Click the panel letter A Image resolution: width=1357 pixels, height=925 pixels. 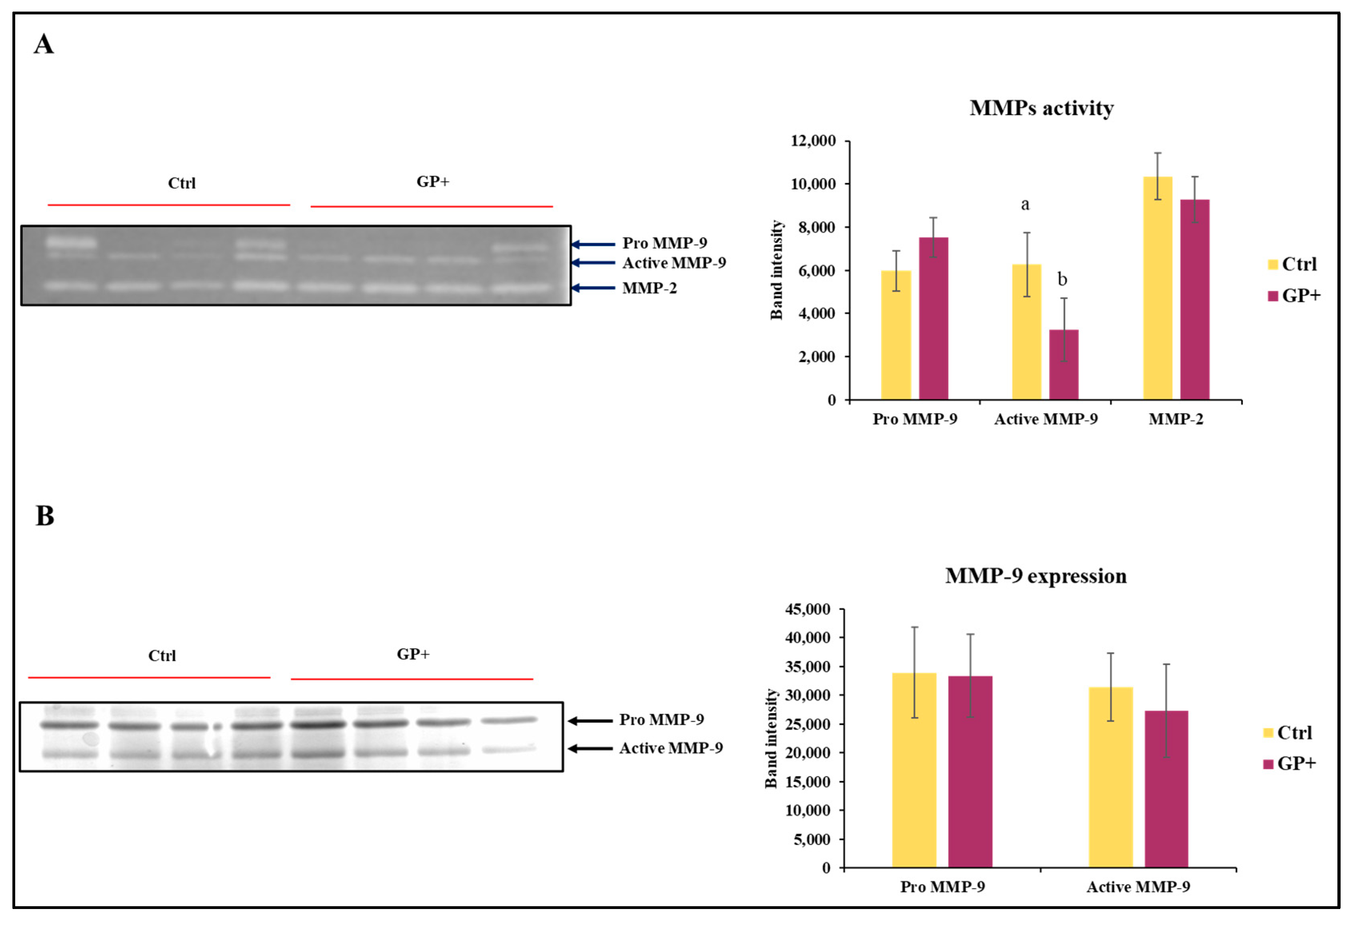[44, 44]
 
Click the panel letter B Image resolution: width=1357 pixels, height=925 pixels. [45, 516]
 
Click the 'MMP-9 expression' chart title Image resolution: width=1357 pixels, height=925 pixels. [1035, 576]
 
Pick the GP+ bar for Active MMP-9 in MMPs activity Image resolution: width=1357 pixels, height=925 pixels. [1063, 365]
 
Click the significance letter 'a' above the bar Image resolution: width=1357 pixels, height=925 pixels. [1025, 205]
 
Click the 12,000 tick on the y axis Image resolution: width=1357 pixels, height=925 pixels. [813, 141]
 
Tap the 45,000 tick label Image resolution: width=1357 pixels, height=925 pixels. [807, 609]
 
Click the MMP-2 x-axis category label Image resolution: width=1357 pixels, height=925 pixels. [1175, 419]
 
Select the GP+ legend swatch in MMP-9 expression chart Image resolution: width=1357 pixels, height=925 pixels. [1268, 764]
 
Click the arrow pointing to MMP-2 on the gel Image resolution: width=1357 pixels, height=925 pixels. [593, 288]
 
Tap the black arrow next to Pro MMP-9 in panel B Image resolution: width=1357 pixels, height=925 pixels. [590, 721]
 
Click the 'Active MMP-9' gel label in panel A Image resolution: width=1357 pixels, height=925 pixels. [674, 263]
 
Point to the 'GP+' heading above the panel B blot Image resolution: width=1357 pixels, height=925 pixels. [413, 654]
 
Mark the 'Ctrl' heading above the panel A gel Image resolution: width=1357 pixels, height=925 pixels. [182, 183]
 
